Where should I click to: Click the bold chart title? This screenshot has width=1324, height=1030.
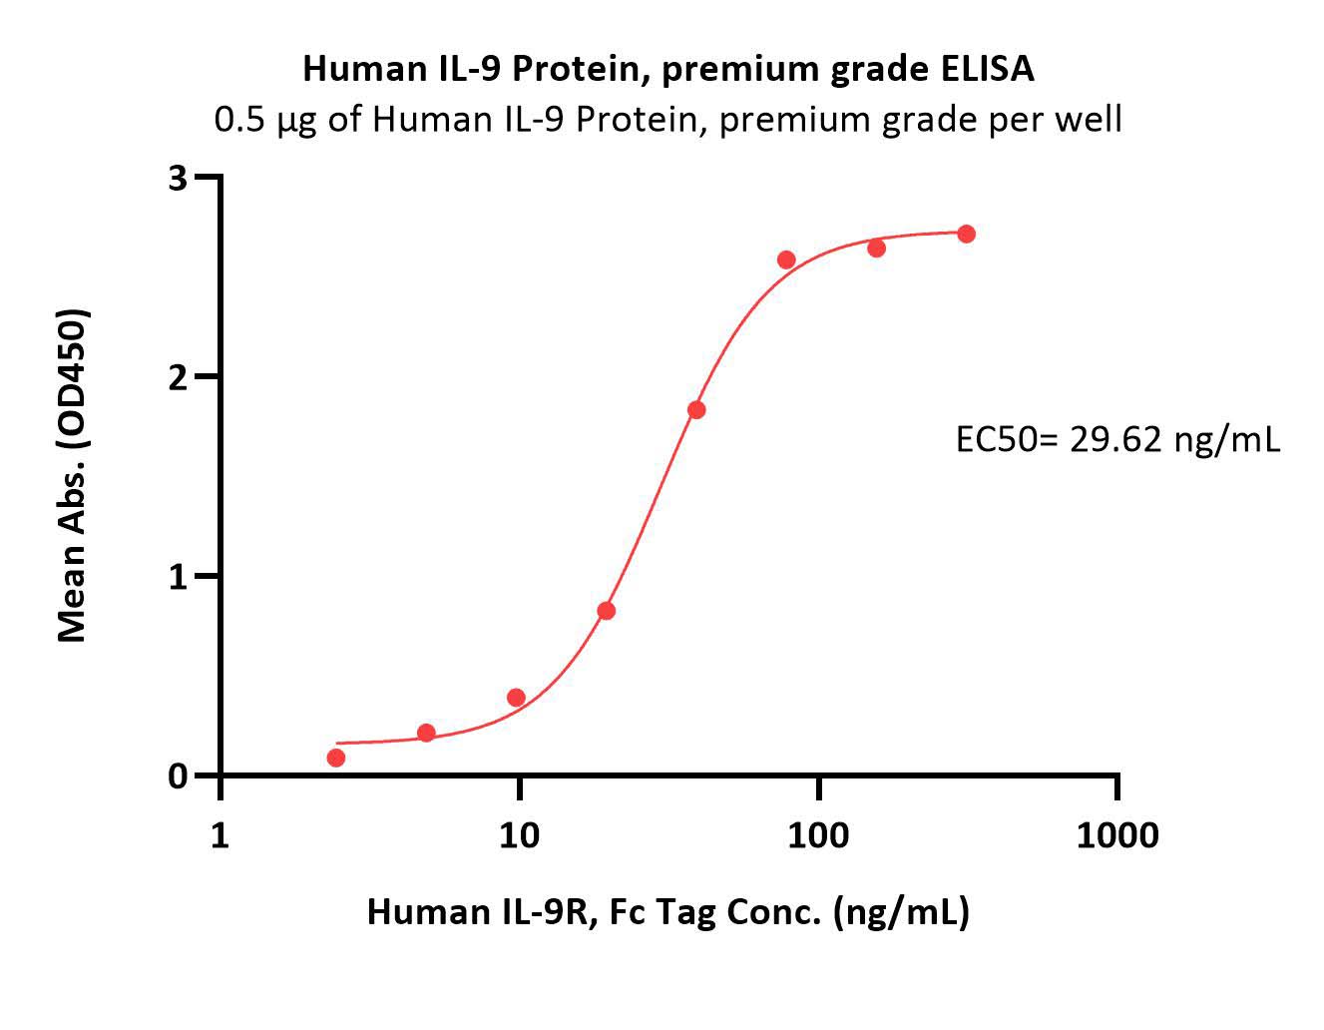point(668,70)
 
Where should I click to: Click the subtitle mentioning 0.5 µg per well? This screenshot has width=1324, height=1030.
point(667,121)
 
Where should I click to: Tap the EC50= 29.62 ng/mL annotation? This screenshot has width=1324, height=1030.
point(1118,439)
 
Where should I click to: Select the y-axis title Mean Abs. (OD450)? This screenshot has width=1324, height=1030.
point(73,476)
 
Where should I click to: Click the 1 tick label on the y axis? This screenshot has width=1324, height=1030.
point(178,576)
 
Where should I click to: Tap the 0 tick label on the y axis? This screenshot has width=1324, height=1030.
point(178,775)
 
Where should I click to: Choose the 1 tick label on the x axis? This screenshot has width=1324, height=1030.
point(220,835)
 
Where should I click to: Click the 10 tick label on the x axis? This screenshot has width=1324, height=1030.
point(519,835)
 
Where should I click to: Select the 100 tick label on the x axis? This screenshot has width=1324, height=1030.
point(818,835)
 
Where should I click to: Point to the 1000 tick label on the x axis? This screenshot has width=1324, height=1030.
point(1117,835)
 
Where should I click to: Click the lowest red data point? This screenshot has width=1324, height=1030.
point(335,758)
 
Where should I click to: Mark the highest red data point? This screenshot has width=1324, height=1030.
point(967,234)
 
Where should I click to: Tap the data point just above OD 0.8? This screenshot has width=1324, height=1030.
point(607,611)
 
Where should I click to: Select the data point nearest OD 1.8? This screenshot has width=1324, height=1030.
point(696,409)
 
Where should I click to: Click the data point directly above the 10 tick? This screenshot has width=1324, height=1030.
point(516,698)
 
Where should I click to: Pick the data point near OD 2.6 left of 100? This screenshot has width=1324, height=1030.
point(786,259)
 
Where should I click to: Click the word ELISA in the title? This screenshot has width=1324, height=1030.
point(987,69)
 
